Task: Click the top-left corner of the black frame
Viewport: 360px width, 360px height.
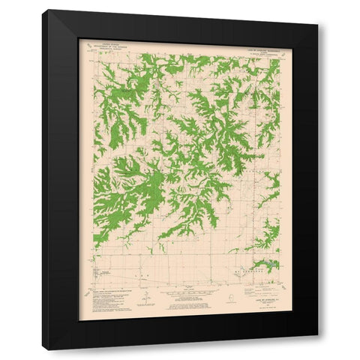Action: [x=43, y=10]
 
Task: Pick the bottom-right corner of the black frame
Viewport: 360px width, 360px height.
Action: [x=318, y=349]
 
